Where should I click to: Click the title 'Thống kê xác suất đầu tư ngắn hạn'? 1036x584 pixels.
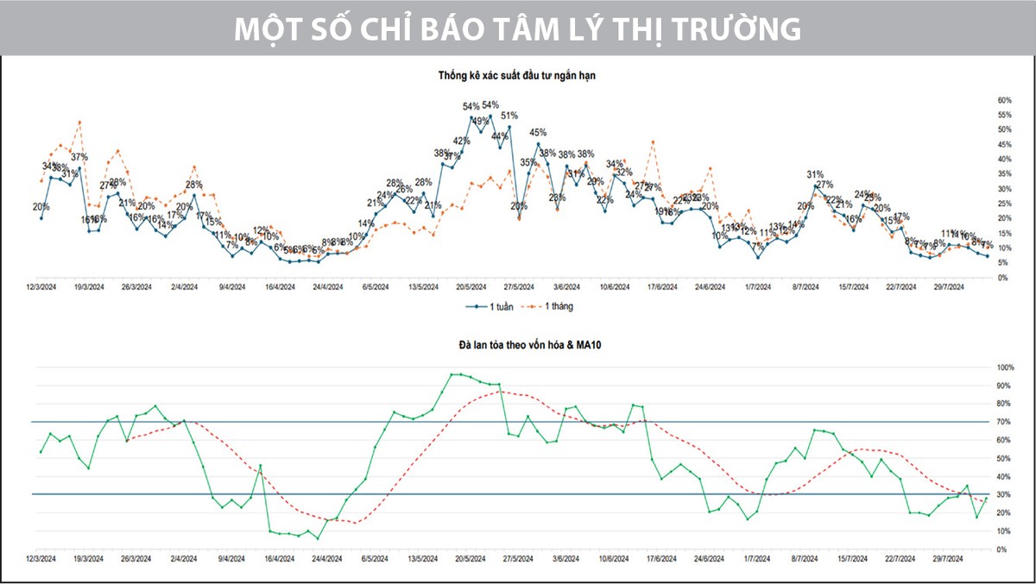tap(517, 76)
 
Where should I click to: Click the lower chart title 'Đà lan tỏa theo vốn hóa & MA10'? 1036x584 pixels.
tap(517, 345)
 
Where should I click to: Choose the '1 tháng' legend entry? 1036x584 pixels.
tap(557, 306)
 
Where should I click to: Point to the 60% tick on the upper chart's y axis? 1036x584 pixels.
tap(1004, 100)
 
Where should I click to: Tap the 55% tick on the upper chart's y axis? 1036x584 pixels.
tap(1004, 115)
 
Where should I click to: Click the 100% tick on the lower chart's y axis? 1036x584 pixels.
tap(1005, 367)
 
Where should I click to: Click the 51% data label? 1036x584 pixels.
tap(509, 116)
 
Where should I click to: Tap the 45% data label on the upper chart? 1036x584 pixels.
tap(538, 133)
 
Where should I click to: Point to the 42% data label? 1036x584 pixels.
tap(462, 141)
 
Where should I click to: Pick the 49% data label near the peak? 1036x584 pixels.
tap(481, 121)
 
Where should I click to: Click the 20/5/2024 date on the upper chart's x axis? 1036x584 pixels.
tap(470, 286)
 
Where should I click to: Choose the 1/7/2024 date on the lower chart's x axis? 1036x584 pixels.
tap(758, 559)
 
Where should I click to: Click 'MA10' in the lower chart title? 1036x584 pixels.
tap(562, 345)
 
